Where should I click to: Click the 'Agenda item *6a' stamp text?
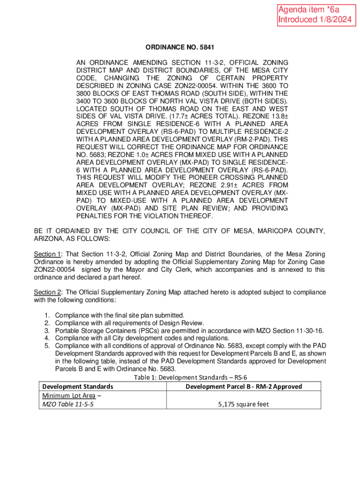(302, 10)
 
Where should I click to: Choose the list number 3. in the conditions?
(47, 331)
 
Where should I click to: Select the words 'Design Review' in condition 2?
(183, 323)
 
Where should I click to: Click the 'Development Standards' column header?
(77, 386)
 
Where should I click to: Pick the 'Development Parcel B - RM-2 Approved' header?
(244, 386)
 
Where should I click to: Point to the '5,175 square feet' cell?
(243, 404)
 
